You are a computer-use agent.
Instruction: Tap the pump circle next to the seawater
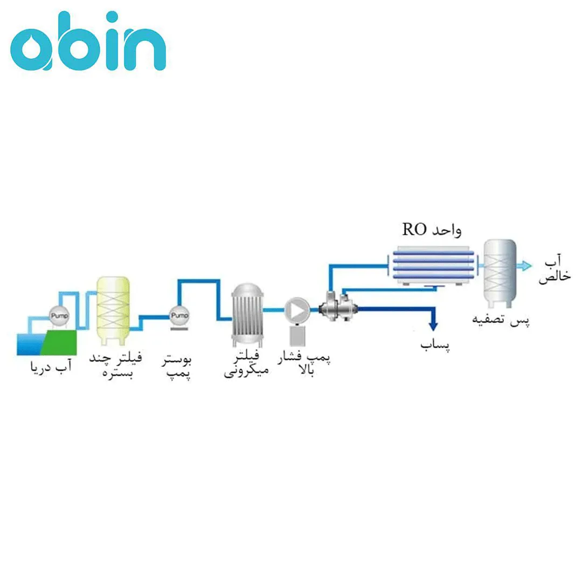click(x=58, y=313)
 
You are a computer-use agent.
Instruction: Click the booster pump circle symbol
click(x=179, y=314)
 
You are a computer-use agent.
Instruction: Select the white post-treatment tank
click(x=500, y=272)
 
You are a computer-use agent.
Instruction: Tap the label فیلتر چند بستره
click(x=118, y=365)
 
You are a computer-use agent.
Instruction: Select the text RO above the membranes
click(x=415, y=230)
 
